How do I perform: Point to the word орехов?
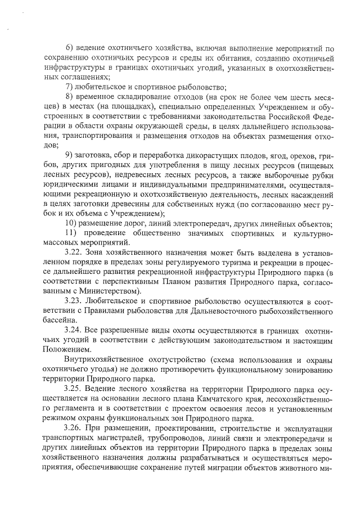(x=292, y=155)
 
